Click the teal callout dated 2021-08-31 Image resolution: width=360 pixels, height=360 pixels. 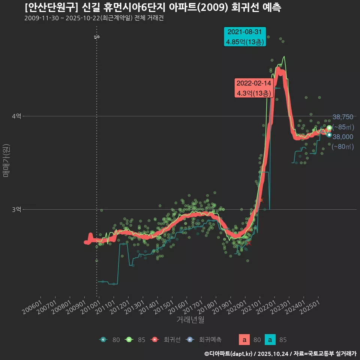coord(244,37)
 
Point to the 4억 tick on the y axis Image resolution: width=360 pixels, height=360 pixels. coord(16,116)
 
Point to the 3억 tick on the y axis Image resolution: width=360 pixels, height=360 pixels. coord(16,209)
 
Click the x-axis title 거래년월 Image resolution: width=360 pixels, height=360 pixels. coord(190,320)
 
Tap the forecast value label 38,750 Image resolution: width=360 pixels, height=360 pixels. coord(343,117)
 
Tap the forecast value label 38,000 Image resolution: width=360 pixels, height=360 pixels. coord(343,137)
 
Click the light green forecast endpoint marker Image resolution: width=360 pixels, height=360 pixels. coord(329,128)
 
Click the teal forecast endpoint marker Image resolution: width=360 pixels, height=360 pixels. coord(329,135)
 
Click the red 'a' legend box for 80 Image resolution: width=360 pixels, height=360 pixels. coord(244,340)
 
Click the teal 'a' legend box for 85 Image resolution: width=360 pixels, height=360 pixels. coord(270,340)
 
